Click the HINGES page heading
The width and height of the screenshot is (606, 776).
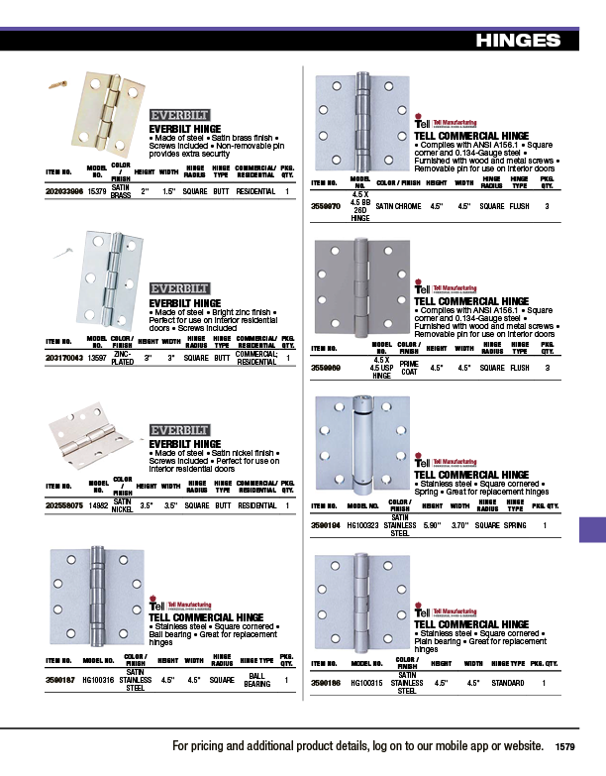[518, 41]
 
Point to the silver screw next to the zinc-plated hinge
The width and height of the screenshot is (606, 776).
[64, 255]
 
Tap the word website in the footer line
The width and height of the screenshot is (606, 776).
[517, 745]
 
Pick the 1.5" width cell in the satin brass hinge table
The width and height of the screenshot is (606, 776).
[170, 190]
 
